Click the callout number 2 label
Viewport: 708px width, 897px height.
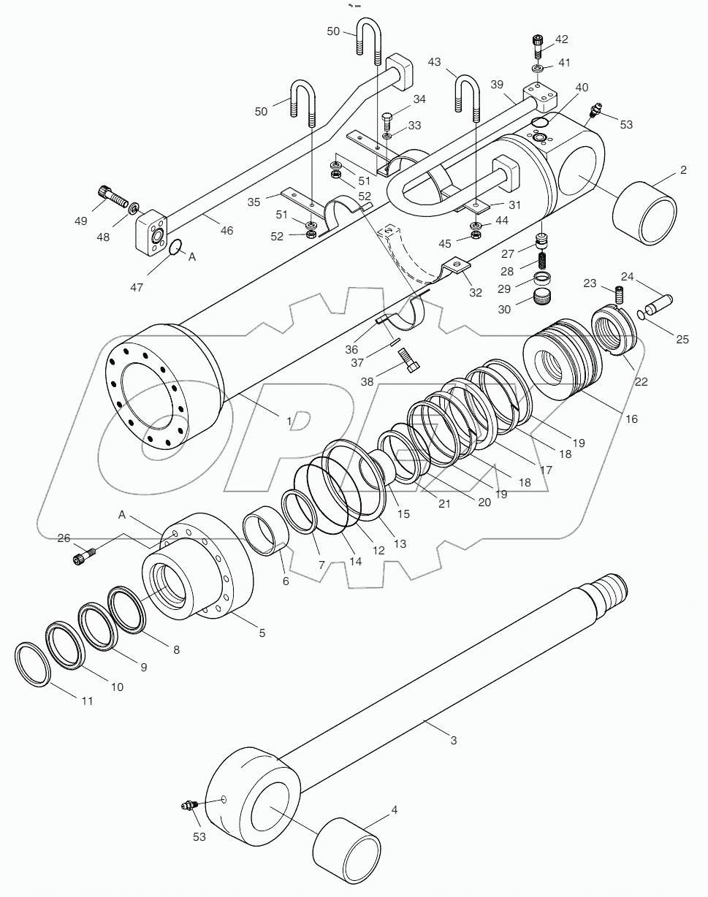pos(683,170)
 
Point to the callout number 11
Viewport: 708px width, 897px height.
pos(87,701)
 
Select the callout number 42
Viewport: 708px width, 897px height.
pos(562,39)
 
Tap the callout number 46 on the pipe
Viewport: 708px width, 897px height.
pos(227,230)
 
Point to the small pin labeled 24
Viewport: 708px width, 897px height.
pos(658,300)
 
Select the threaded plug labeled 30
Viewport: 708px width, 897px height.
pos(541,299)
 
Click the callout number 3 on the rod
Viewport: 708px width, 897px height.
pos(453,740)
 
